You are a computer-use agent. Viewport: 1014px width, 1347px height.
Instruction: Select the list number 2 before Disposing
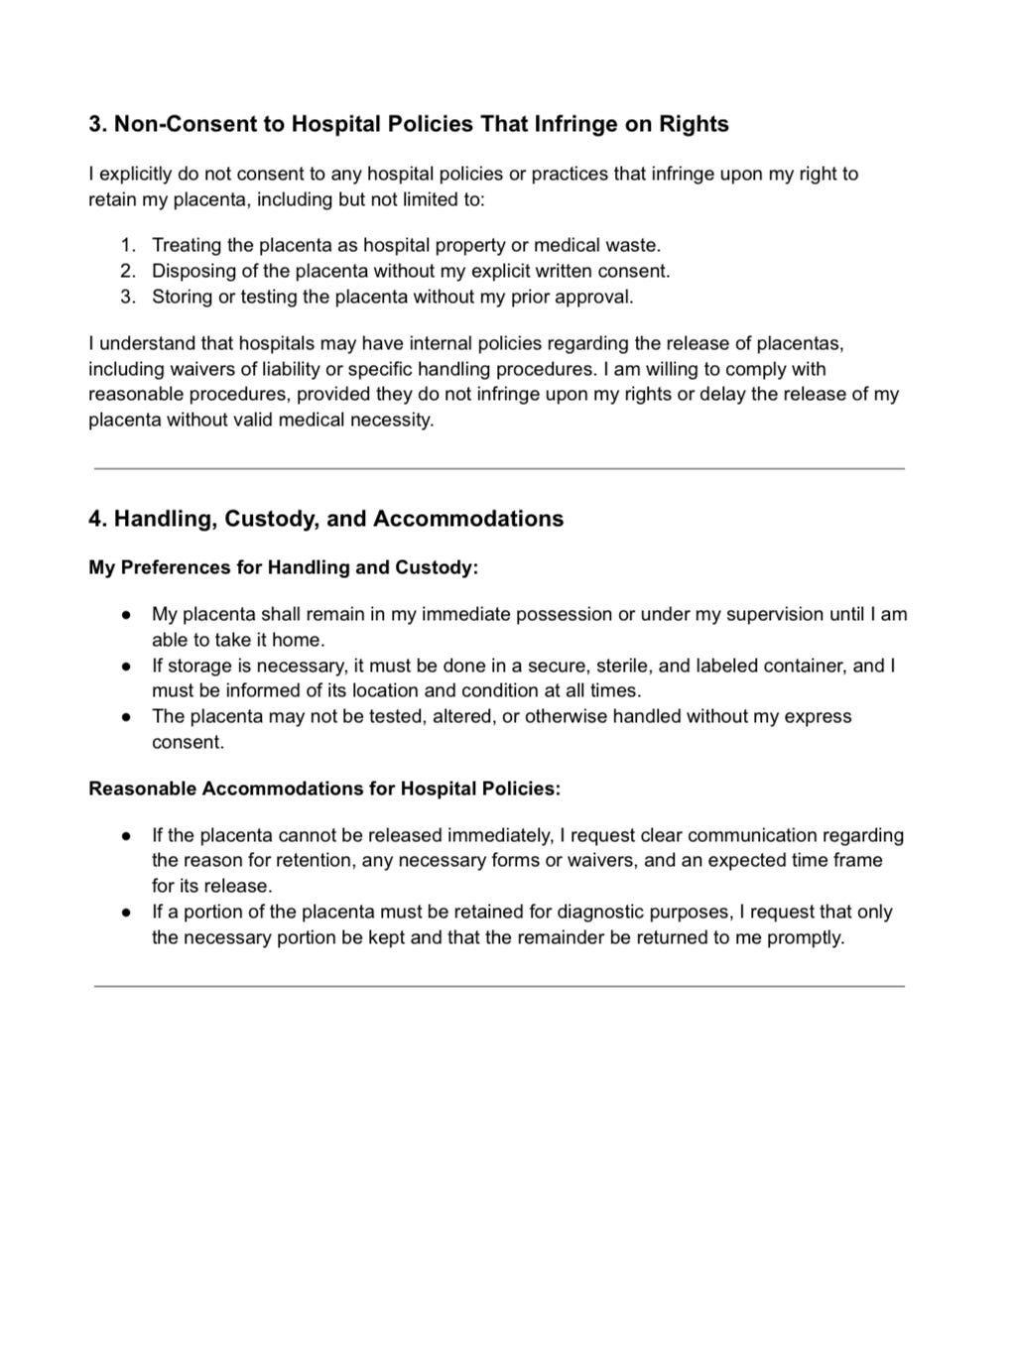127,271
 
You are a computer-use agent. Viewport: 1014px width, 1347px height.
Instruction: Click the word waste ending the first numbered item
635,245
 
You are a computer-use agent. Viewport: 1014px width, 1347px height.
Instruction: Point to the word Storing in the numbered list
182,297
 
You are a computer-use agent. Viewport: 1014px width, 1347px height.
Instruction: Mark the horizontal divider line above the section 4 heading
499,468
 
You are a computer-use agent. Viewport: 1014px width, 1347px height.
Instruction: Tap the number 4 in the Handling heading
94,519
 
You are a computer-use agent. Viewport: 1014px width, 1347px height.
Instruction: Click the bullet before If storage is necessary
127,666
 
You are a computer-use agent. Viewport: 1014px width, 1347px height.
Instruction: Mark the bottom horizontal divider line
499,986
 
